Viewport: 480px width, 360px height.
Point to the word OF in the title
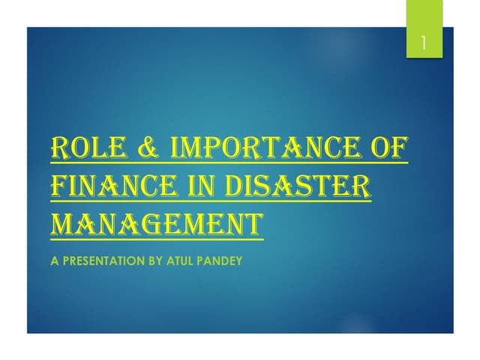(x=389, y=148)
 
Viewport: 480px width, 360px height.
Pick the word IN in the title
(x=211, y=184)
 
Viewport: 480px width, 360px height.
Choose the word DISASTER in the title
(x=306, y=184)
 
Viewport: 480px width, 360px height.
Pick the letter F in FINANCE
(x=57, y=184)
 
